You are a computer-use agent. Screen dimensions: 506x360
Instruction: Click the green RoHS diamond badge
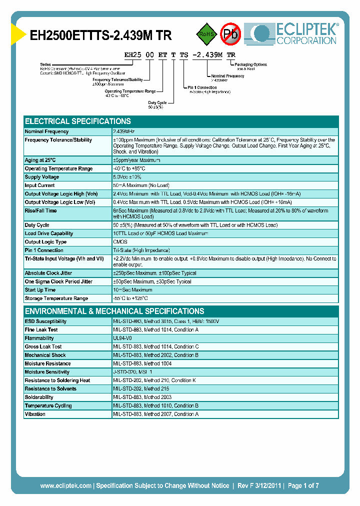click(x=205, y=34)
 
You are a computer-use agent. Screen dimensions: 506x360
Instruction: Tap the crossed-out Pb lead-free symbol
click(x=230, y=33)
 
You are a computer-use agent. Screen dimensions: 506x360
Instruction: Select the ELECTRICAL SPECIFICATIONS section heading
click(x=78, y=121)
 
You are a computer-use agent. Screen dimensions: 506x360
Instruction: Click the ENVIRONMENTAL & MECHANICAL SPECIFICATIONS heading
click(x=114, y=311)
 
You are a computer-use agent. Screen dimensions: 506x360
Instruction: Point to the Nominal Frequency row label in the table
click(x=46, y=131)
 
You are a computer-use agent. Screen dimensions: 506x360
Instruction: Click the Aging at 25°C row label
click(x=41, y=160)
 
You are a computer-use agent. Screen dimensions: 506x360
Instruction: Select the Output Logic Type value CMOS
click(x=120, y=242)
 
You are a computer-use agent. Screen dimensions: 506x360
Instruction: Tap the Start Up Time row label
click(x=40, y=290)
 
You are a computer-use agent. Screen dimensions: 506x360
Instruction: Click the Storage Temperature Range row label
click(x=56, y=298)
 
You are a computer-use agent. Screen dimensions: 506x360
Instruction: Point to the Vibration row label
click(x=35, y=414)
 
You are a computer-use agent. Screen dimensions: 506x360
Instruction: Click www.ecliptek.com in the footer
click(x=65, y=485)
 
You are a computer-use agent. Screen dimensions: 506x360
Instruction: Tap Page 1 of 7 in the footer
click(x=303, y=485)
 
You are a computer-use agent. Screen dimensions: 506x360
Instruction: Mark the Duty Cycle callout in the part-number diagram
click(x=157, y=102)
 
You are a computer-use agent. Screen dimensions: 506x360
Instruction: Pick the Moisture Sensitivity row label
click(x=47, y=372)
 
